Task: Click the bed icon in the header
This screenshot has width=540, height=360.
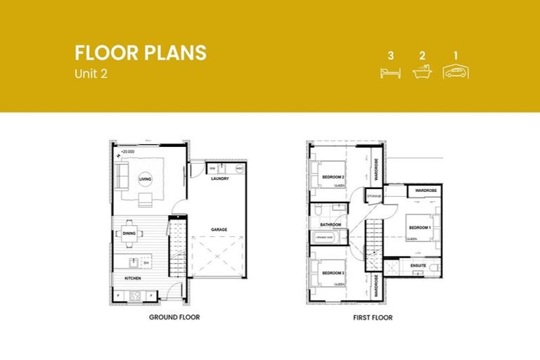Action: pos(390,72)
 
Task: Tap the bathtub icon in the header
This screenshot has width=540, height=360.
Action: pos(423,72)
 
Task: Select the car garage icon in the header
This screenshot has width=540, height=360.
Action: pos(456,71)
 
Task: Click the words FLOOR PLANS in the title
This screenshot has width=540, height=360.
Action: pos(141,53)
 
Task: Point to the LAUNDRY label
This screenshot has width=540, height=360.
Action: pos(219,179)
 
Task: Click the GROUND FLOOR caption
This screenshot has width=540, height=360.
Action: pos(174,318)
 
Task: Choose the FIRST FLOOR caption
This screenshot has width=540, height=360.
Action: pos(373,318)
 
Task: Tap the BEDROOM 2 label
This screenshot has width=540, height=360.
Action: pos(333,176)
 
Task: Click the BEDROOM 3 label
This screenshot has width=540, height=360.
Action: pos(333,272)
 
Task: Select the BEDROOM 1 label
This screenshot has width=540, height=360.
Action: pos(420,227)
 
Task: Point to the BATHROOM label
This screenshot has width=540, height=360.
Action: pos(330,225)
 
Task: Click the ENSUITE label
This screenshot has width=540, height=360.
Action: pos(419,266)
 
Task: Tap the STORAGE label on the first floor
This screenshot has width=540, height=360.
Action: pos(374,195)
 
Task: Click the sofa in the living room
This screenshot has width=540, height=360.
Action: pos(122,174)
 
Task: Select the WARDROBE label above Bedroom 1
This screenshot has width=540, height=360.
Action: pos(426,191)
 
